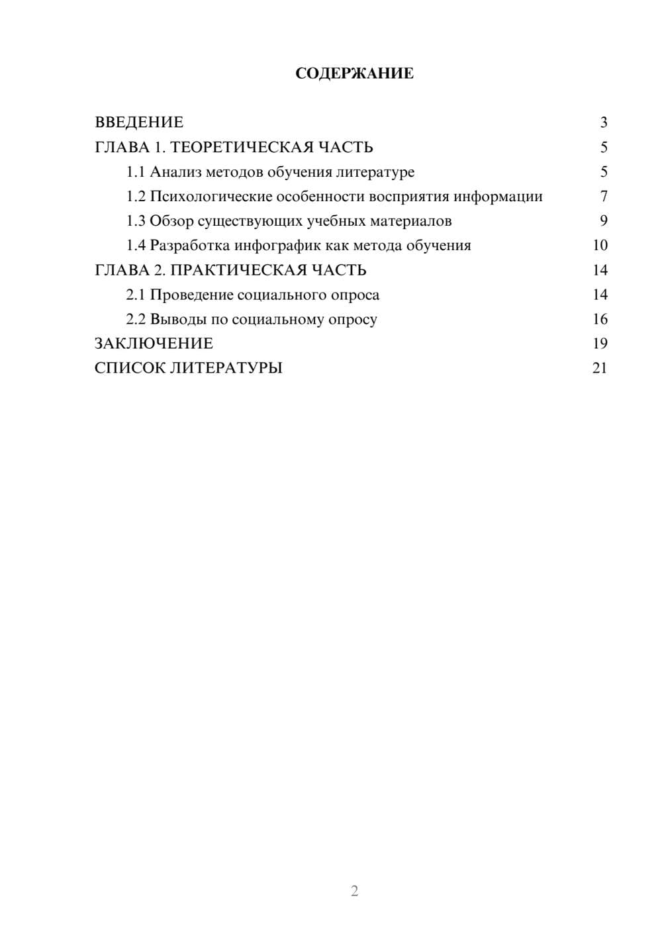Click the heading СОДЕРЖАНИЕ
pos(354,73)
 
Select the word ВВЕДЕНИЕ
pos(139,122)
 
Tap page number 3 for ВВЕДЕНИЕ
pos(603,122)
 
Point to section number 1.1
pos(135,172)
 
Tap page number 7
pos(603,197)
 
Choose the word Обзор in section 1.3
pos(171,221)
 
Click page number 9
pos(603,221)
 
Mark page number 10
pos(600,246)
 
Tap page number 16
pos(600,319)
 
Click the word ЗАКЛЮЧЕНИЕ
pos(154,344)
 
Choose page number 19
pos(600,344)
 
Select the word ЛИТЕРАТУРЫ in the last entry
pos(226,368)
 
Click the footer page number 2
pos(354,891)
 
